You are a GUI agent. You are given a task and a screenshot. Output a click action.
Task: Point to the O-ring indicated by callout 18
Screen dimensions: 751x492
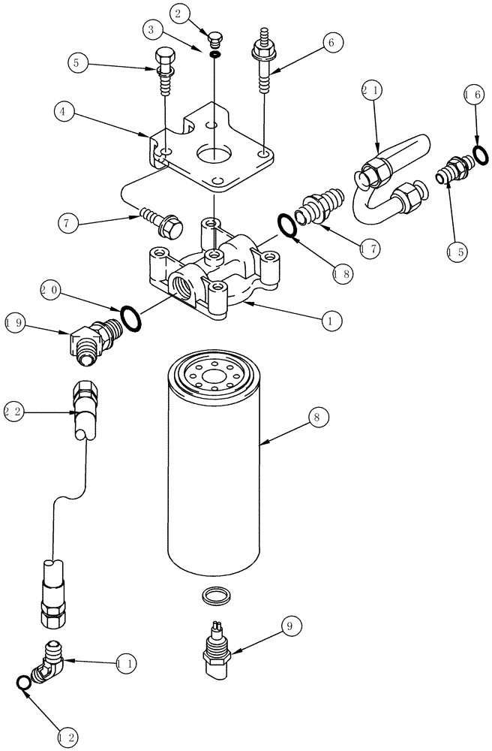click(x=287, y=224)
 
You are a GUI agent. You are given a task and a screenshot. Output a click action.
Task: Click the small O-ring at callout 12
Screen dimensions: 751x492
click(x=23, y=682)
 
